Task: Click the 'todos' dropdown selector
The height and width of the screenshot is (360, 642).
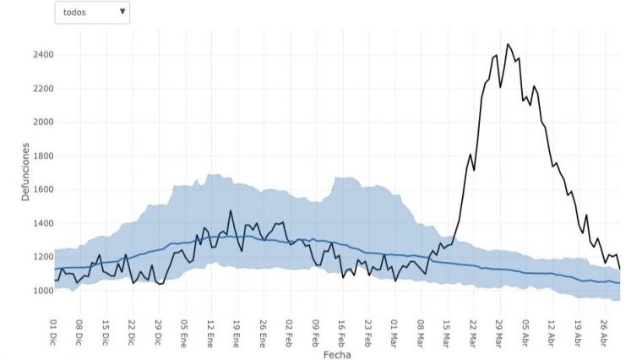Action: (92, 13)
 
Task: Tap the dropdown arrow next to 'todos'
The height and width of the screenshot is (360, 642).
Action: (122, 12)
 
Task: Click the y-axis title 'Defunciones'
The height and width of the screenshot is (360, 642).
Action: (25, 172)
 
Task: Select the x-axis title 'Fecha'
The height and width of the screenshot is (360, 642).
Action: (337, 355)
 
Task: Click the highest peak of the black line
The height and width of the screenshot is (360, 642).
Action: (508, 44)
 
